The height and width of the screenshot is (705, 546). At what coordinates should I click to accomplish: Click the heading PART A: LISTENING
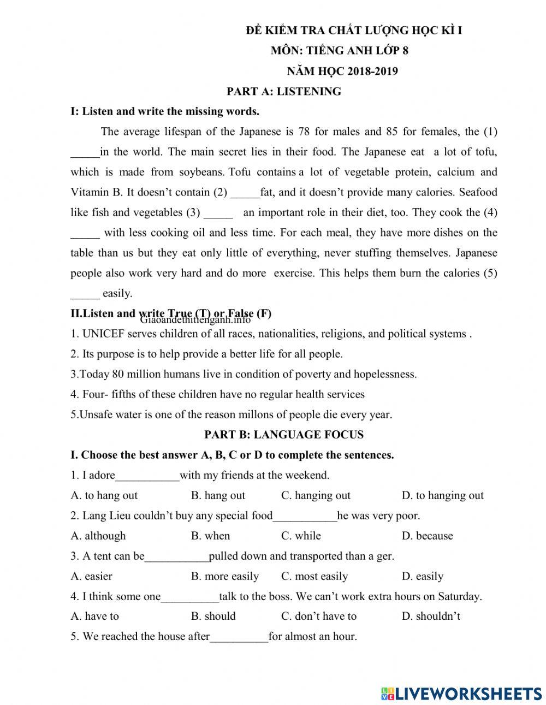pos(284,92)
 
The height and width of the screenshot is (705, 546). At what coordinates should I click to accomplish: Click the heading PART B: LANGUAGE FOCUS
pos(284,435)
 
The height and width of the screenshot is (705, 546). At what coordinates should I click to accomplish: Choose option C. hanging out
pos(316,495)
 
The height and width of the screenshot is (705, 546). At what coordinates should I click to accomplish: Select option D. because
pos(427,536)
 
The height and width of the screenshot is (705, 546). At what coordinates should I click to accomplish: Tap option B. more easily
pos(225,576)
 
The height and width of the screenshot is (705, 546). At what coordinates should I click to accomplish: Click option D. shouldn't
pos(431,616)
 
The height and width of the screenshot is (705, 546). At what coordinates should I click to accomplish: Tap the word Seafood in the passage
pos(478,192)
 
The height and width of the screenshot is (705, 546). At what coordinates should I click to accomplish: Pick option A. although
pos(98,536)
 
